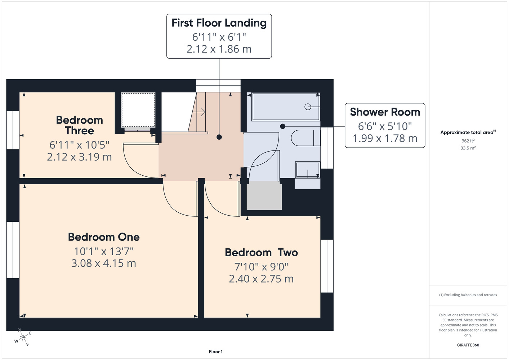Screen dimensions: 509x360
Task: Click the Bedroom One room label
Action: pyautogui.click(x=104, y=237)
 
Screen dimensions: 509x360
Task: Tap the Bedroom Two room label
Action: pyautogui.click(x=261, y=253)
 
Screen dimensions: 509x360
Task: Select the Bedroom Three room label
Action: pyautogui.click(x=79, y=125)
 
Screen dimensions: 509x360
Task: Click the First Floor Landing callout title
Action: pyautogui.click(x=219, y=23)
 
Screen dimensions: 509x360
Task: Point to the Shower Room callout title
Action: pyautogui.click(x=385, y=112)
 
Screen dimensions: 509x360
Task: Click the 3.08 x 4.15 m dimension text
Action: pyautogui.click(x=104, y=263)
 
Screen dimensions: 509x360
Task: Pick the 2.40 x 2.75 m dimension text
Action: pyautogui.click(x=261, y=279)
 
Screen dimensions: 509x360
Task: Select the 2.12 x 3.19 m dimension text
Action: pyautogui.click(x=79, y=157)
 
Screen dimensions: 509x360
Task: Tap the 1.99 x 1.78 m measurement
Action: pyautogui.click(x=385, y=138)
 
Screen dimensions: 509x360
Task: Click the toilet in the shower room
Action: pyautogui.click(x=305, y=138)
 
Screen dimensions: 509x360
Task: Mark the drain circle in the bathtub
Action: pyautogui.click(x=308, y=107)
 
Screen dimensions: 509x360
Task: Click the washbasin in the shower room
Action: pyautogui.click(x=308, y=170)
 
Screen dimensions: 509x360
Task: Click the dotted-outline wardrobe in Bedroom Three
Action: pyautogui.click(x=138, y=110)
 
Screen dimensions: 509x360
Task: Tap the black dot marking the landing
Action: pyautogui.click(x=219, y=137)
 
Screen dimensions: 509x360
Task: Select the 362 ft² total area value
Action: pyautogui.click(x=468, y=141)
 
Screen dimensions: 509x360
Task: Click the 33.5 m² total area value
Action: pyautogui.click(x=468, y=148)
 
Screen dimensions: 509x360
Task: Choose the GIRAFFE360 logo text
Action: pyautogui.click(x=468, y=345)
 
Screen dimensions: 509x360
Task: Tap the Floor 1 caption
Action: pyautogui.click(x=216, y=352)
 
